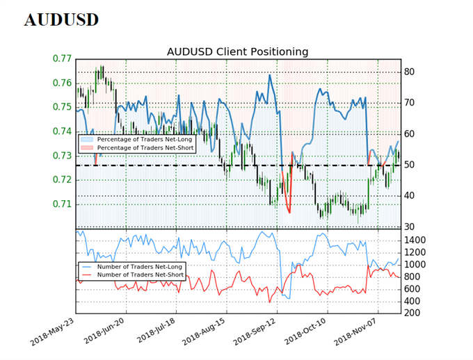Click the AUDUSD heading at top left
(61, 19)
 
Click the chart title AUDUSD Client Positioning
(237, 52)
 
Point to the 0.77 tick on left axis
(62, 59)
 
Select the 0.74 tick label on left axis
(62, 131)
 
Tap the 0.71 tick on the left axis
(62, 204)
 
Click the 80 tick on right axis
(410, 72)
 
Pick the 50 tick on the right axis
(410, 165)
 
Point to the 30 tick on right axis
(410, 227)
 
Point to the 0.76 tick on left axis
(62, 83)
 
